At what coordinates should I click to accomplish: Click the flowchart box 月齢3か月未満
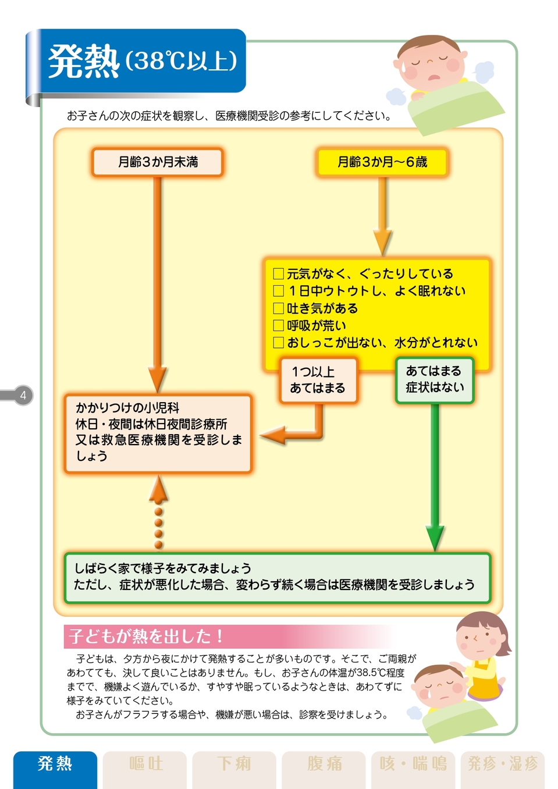coord(157,162)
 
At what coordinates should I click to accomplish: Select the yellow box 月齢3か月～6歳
coord(382,162)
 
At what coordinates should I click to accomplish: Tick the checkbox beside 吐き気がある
coord(279,308)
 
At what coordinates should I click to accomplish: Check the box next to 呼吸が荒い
coord(279,325)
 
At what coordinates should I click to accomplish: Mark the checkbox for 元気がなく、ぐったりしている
coord(279,273)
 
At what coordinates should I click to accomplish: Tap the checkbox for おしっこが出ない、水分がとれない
coord(279,343)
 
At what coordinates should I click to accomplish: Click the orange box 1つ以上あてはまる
coord(318,380)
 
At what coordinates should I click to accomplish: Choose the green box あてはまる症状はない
coord(434,379)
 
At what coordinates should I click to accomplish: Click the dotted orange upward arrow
coord(158,512)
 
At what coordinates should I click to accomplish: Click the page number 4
coord(23,396)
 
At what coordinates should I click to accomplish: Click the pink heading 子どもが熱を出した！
coord(145,636)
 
